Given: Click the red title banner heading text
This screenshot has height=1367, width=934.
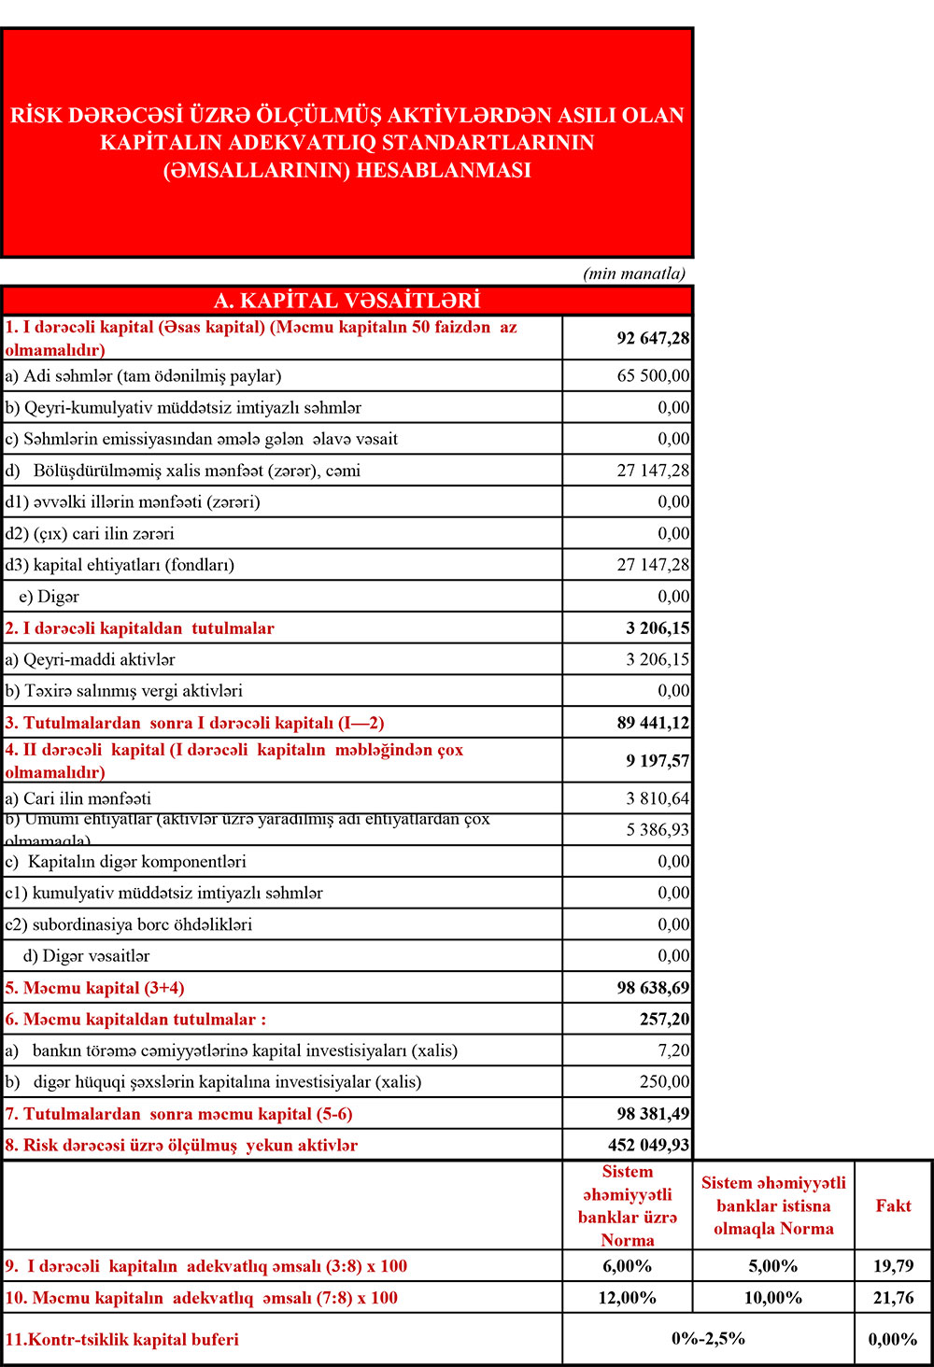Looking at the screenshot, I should coord(347,143).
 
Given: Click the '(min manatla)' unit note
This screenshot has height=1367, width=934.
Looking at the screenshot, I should coord(634,274).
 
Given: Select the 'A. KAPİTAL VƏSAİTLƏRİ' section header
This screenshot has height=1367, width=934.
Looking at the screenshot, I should coord(347,301).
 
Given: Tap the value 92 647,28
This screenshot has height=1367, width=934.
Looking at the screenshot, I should coord(653,338).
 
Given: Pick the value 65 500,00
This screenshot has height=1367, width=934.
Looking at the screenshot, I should coord(653,376).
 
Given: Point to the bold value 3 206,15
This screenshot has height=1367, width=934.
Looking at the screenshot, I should coord(658,628).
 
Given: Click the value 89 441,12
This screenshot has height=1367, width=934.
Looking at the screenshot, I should coord(653,723).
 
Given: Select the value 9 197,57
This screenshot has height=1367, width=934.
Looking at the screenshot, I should coord(658,761).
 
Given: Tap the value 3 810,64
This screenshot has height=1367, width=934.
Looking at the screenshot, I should coord(658,798).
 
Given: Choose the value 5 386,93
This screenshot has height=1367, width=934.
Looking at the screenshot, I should coord(658,830).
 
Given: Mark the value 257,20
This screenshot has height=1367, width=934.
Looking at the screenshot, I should coord(664,1020).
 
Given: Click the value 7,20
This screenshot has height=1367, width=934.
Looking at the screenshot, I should coord(673,1050).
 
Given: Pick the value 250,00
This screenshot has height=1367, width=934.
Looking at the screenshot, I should coord(664,1082).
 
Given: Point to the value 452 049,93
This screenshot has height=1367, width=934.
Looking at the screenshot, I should coord(648,1146).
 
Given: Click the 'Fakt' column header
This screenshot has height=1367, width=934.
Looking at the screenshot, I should coord(893,1205).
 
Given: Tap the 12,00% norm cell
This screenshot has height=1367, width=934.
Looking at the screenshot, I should coord(627,1298).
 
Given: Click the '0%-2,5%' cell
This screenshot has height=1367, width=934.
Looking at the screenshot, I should coord(708,1339).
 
